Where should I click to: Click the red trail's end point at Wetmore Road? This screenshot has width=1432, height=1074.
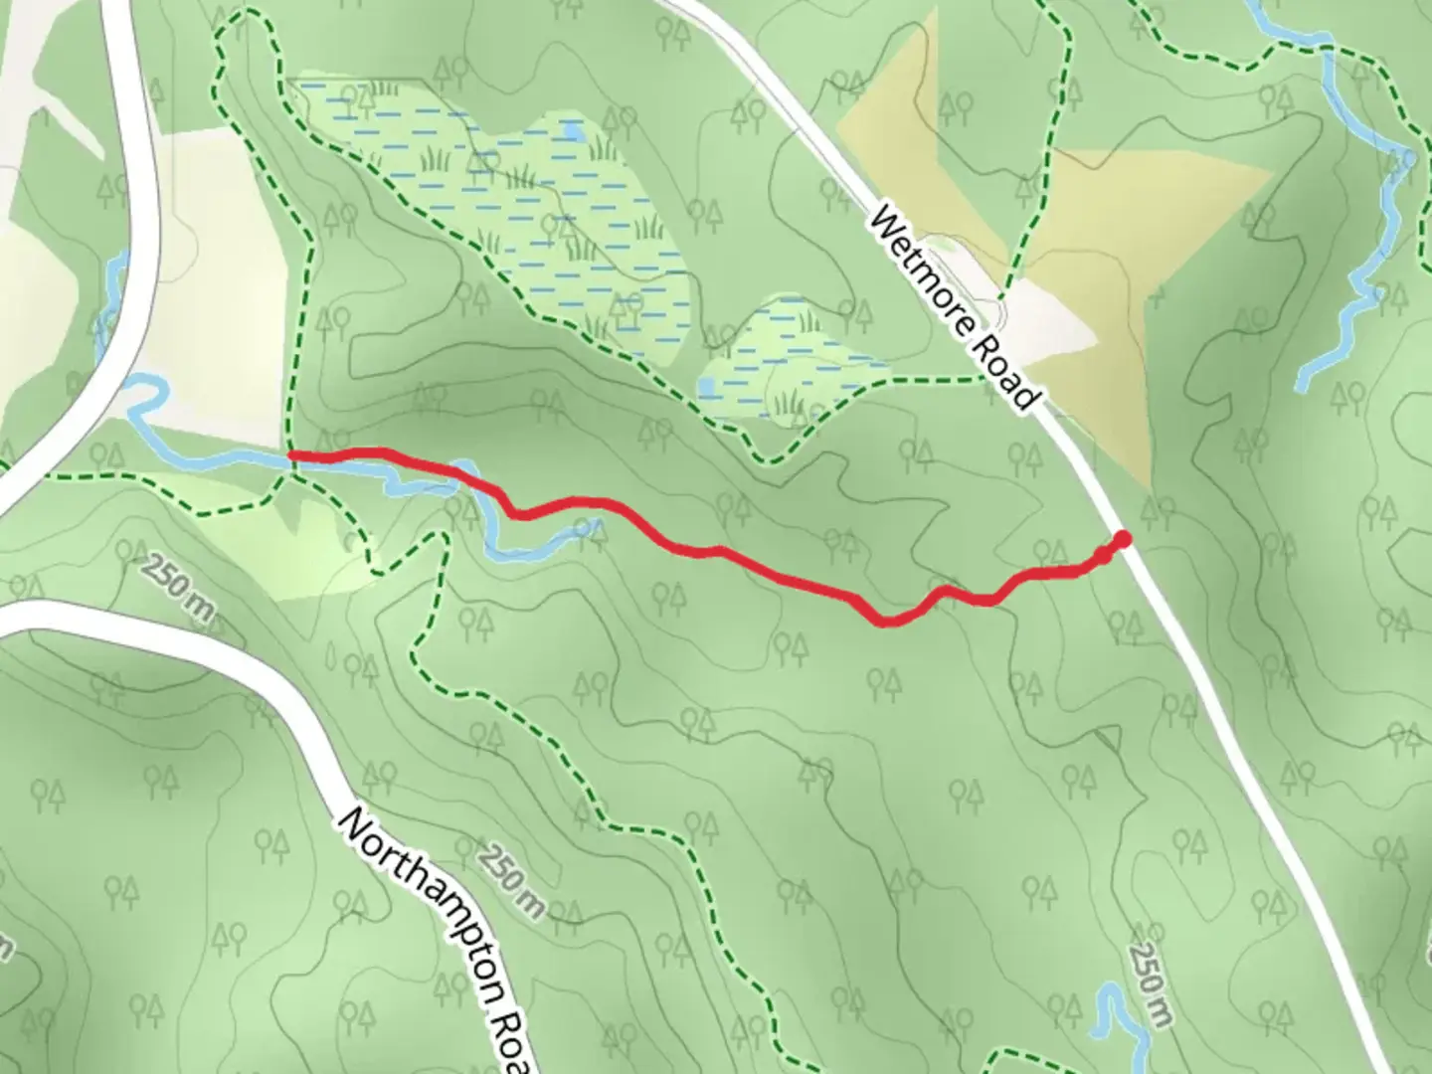(1123, 540)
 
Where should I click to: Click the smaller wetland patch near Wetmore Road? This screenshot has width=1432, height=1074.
(796, 358)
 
